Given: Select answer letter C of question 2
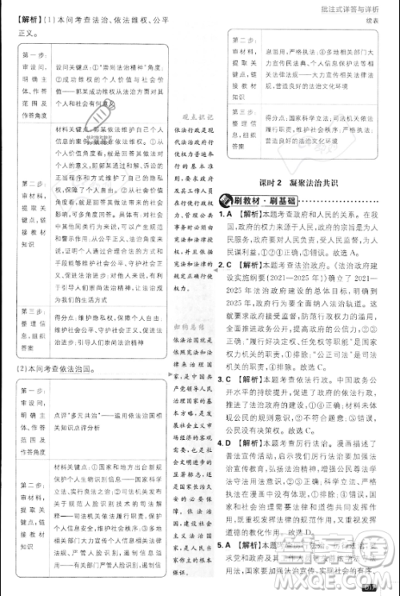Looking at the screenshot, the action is (x=230, y=282).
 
